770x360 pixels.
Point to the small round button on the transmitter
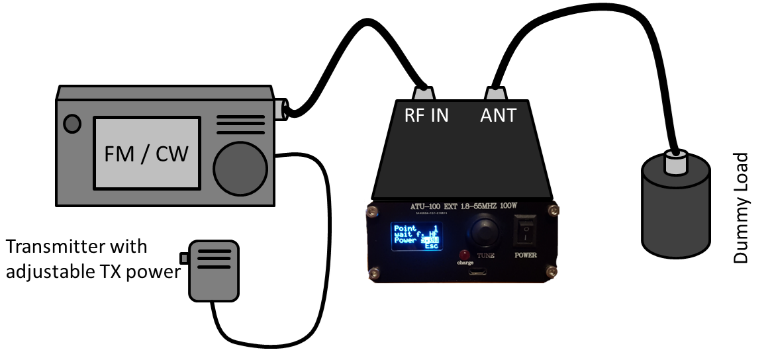72,123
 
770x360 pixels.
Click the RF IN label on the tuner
426,115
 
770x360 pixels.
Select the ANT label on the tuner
497,115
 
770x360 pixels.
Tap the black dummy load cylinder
675,212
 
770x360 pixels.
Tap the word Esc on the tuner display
432,246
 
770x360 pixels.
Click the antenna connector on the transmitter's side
282,109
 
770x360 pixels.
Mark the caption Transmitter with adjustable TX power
93,259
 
